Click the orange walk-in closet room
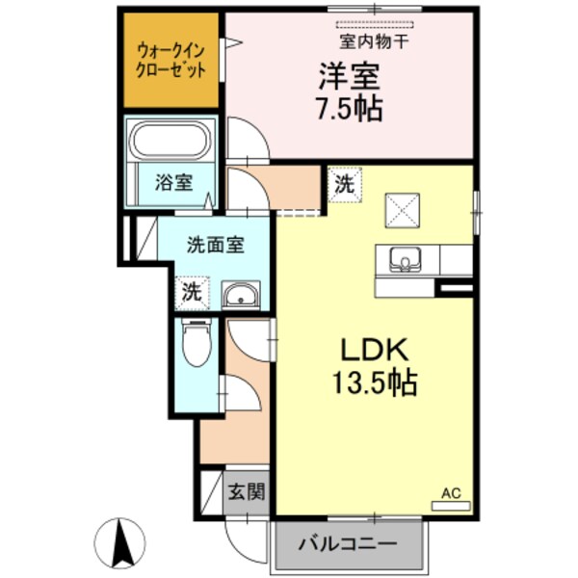point(171,60)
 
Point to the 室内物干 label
point(375,40)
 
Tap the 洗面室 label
point(215,244)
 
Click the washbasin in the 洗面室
point(239,295)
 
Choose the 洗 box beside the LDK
point(343,184)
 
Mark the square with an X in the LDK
point(402,209)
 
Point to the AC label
point(451,492)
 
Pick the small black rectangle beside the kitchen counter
point(455,286)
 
